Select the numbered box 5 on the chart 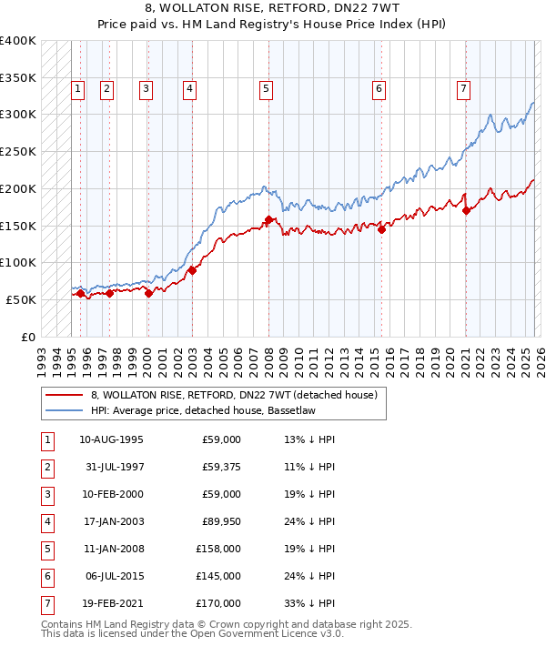pyautogui.click(x=266, y=88)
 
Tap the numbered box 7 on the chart pyautogui.click(x=463, y=88)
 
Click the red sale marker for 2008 pyautogui.click(x=268, y=219)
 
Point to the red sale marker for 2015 pyautogui.click(x=381, y=229)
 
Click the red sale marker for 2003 pyautogui.click(x=193, y=270)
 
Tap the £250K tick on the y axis pyautogui.click(x=19, y=151)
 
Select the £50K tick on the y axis pyautogui.click(x=22, y=299)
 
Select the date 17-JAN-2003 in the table pyautogui.click(x=111, y=521)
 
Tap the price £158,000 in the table pyautogui.click(x=218, y=549)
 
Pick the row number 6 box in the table pyautogui.click(x=46, y=576)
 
